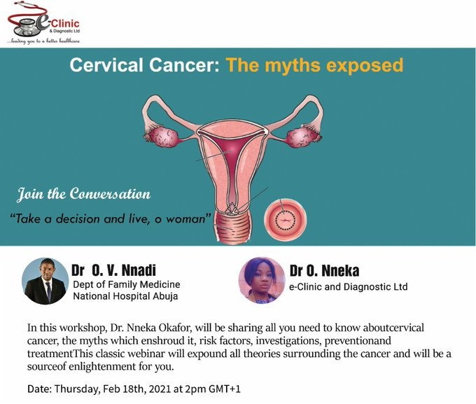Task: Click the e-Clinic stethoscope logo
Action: (43, 23)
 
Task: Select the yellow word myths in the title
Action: (289, 66)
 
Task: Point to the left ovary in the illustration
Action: (163, 137)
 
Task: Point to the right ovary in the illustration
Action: (302, 137)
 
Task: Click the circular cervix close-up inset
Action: (285, 220)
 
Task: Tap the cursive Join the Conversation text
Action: (84, 195)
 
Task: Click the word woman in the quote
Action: (185, 219)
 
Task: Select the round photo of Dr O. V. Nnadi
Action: (45, 281)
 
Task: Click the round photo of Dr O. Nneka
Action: (262, 280)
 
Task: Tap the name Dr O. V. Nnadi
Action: (114, 270)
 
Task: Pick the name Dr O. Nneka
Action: (324, 271)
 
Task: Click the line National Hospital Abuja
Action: (125, 296)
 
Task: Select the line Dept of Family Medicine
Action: (127, 285)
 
